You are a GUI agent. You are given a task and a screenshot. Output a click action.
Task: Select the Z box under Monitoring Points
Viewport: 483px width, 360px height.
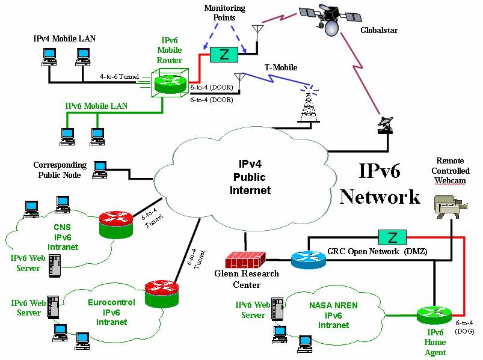pos(224,55)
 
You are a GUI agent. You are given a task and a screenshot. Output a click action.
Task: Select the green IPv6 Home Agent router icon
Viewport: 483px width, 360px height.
pos(434,315)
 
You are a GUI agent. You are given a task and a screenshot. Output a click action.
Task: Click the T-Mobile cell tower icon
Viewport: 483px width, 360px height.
pos(308,106)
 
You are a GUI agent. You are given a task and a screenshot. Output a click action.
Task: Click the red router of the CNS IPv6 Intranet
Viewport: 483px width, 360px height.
pos(115,223)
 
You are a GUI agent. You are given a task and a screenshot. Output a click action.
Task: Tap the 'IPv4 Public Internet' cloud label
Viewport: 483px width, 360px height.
pos(251,177)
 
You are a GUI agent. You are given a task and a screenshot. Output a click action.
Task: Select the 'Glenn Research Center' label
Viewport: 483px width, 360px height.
pos(247,279)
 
